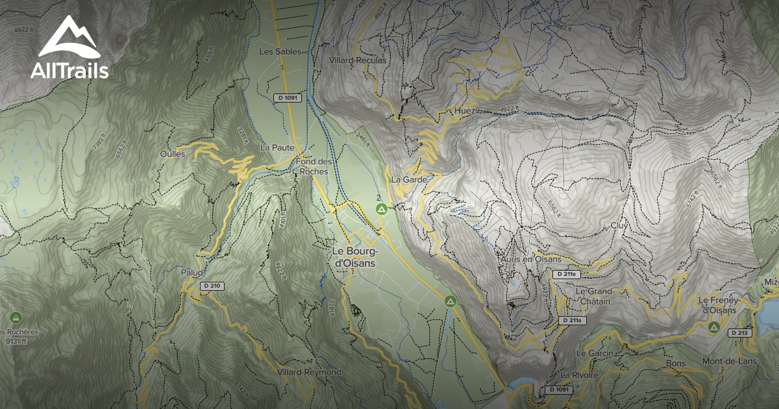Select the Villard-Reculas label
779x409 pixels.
(x=358, y=60)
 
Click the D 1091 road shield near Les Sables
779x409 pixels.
(x=287, y=97)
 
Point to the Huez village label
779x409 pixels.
(x=465, y=112)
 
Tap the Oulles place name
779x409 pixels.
(x=172, y=154)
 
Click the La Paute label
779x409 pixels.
(x=277, y=147)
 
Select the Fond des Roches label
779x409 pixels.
(x=314, y=166)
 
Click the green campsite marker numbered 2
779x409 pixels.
(x=382, y=208)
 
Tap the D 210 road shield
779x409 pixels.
(x=212, y=286)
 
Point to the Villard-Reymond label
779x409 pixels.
(x=308, y=372)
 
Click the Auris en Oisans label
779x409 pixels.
(x=530, y=259)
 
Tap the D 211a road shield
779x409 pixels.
(x=573, y=321)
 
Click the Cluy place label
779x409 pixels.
(x=618, y=225)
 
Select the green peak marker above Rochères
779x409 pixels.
(x=16, y=317)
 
